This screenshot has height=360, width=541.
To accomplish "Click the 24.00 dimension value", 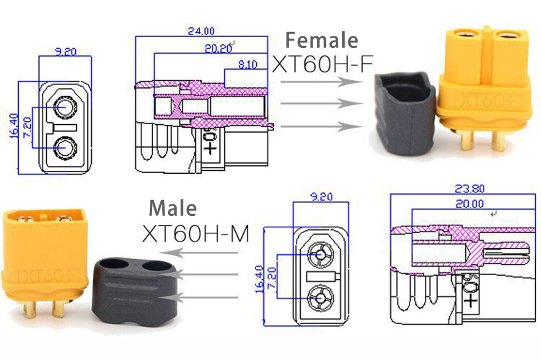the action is [x=201, y=31].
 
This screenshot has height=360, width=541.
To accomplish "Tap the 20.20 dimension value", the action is [x=218, y=48].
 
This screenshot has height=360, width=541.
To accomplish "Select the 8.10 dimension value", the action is [x=248, y=64].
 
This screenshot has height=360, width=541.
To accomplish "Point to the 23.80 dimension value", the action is [x=470, y=189].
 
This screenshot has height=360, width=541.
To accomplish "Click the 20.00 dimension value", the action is [x=470, y=204].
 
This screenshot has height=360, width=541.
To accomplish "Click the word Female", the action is [x=322, y=40].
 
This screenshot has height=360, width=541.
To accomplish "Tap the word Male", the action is [x=173, y=208].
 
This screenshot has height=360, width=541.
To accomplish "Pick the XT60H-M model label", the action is [x=196, y=234].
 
